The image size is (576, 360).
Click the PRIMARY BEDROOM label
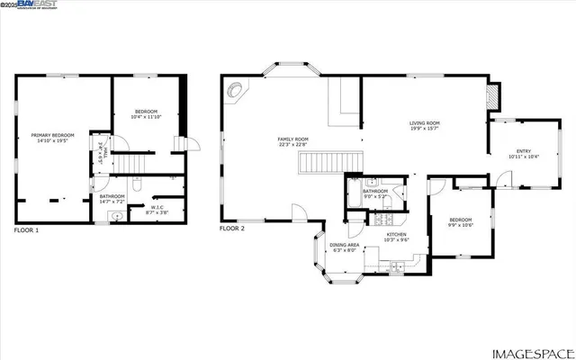pyautogui.click(x=53, y=135)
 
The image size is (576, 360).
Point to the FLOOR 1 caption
pyautogui.click(x=26, y=229)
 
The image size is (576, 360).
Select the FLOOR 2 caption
pyautogui.click(x=232, y=229)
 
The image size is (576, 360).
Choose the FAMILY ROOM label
pyautogui.click(x=292, y=139)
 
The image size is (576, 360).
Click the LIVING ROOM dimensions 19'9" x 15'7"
pyautogui.click(x=424, y=129)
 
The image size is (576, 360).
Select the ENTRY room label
pyautogui.click(x=523, y=150)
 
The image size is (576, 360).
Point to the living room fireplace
pyautogui.click(x=491, y=96)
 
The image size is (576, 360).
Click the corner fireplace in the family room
pyautogui.click(x=237, y=89)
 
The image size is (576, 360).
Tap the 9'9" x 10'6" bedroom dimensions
pyautogui.click(x=460, y=225)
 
